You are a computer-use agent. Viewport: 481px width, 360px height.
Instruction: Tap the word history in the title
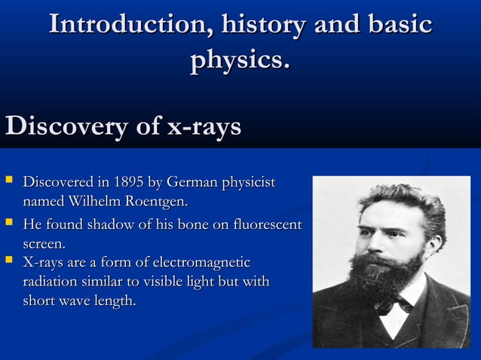point(257,24)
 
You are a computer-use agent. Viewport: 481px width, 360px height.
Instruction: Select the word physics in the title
point(237,60)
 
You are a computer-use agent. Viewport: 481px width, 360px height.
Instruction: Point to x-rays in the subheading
point(204,127)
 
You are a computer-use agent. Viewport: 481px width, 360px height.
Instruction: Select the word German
point(194,183)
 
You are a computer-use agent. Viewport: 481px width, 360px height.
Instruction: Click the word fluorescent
point(268,225)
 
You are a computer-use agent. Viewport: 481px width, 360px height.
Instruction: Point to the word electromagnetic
point(201,263)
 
